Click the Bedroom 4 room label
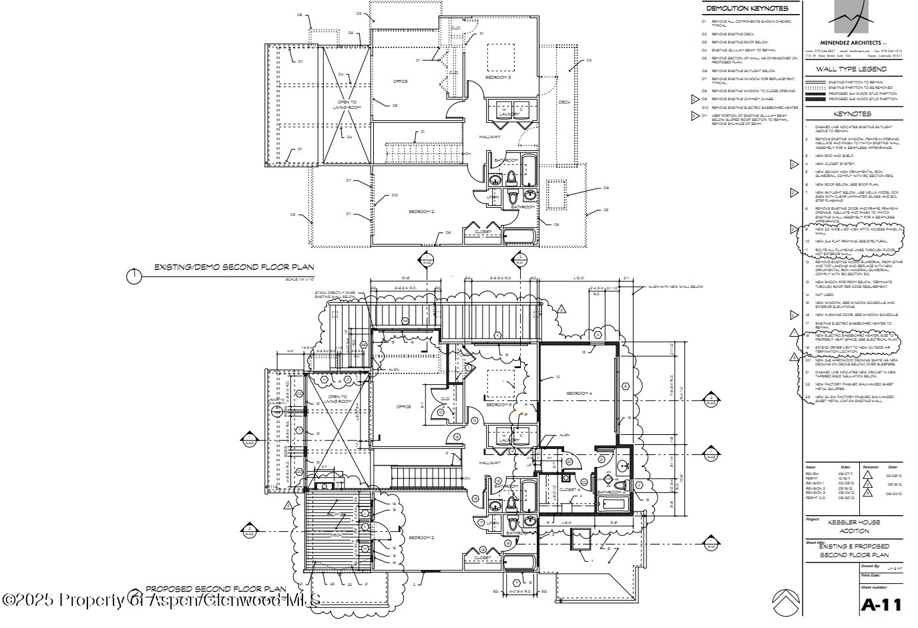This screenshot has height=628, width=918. pyautogui.click(x=579, y=394)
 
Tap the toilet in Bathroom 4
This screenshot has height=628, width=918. pyautogui.click(x=618, y=486)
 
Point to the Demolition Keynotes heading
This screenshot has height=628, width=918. pyautogui.click(x=746, y=9)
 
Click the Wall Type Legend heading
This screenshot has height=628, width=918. pyautogui.click(x=851, y=69)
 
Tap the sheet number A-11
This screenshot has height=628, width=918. pyautogui.click(x=881, y=605)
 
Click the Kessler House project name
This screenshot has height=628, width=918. pyautogui.click(x=854, y=522)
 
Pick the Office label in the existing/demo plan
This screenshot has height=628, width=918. pyautogui.click(x=400, y=82)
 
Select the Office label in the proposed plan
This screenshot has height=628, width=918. pyautogui.click(x=403, y=406)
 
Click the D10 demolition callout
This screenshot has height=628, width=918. pyautogui.click(x=395, y=195)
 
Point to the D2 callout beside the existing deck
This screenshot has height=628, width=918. pyautogui.click(x=589, y=61)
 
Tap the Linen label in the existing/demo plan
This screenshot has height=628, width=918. pyautogui.click(x=493, y=196)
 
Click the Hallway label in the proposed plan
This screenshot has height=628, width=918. pyautogui.click(x=489, y=462)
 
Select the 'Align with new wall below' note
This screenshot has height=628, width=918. pyautogui.click(x=675, y=287)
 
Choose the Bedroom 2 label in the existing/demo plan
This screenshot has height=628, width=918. pyautogui.click(x=421, y=212)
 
